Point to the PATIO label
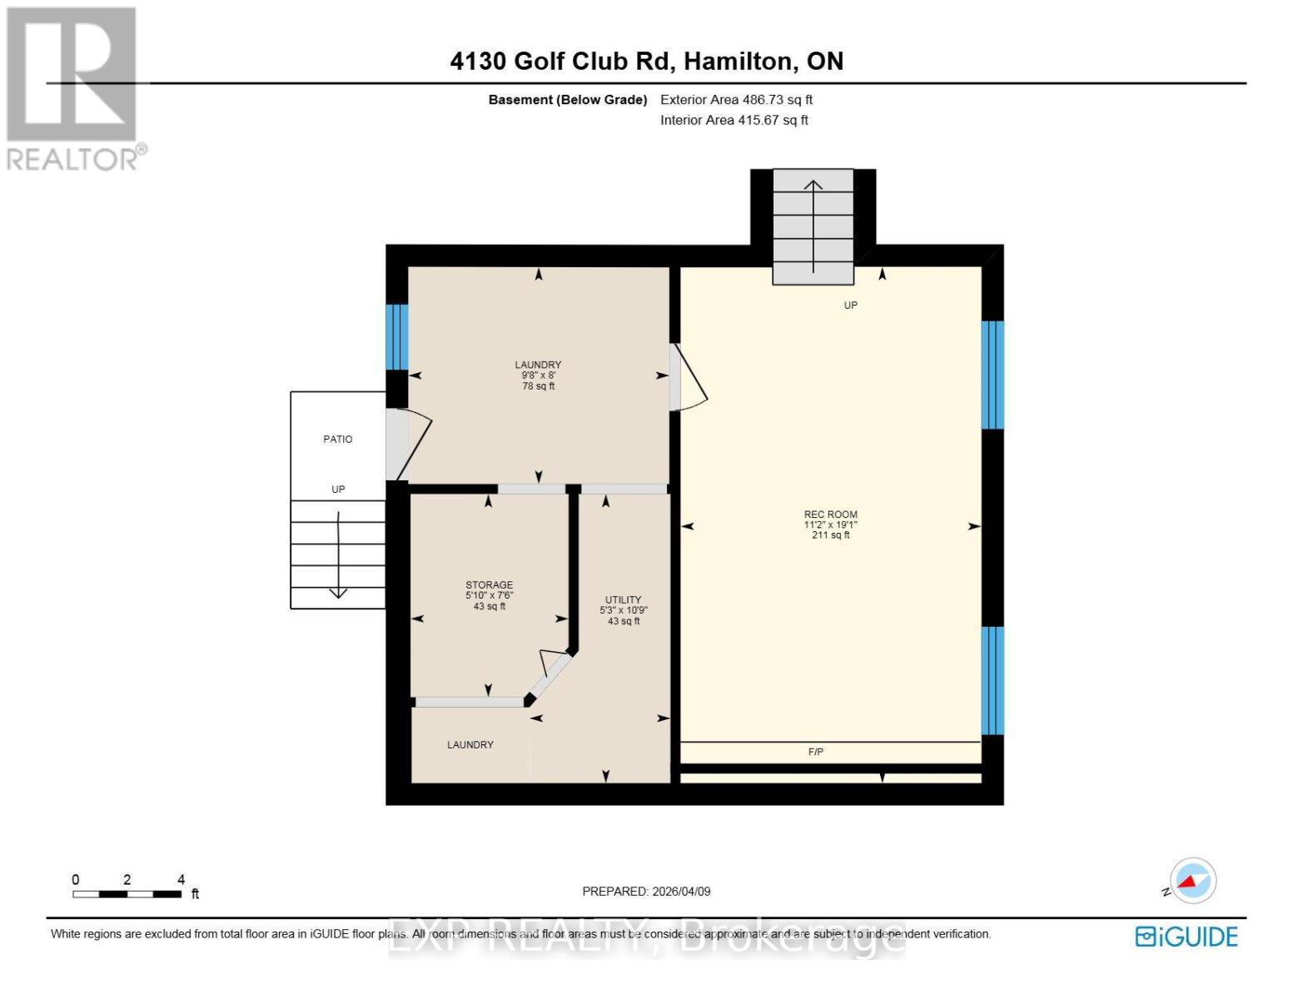pyautogui.click(x=337, y=439)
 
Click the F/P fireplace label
pyautogui.click(x=816, y=752)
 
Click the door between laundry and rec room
pyautogui.click(x=686, y=379)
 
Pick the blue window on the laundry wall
pyautogui.click(x=396, y=337)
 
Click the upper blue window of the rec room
pyautogui.click(x=992, y=375)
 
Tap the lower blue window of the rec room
pyautogui.click(x=992, y=680)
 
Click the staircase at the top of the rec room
pyautogui.click(x=813, y=226)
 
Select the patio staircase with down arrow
pyautogui.click(x=337, y=554)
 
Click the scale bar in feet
pyautogui.click(x=127, y=894)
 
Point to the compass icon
pyautogui.click(x=1192, y=881)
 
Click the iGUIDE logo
pyautogui.click(x=1186, y=937)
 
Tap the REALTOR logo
pyautogui.click(x=73, y=87)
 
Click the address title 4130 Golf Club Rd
pyautogui.click(x=646, y=61)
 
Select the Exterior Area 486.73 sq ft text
pyautogui.click(x=736, y=100)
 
